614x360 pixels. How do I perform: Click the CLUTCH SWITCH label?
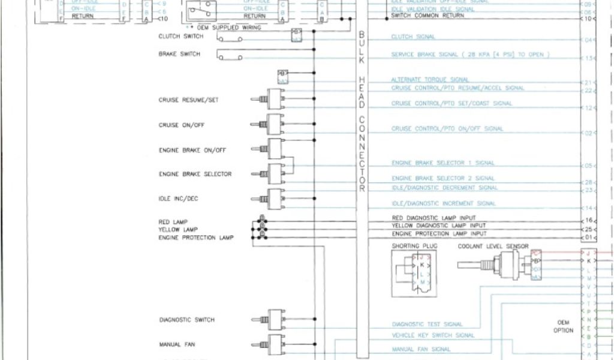[x=180, y=36]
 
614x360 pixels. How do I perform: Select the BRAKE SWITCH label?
[x=179, y=54]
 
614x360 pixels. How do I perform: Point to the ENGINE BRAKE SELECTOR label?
[x=195, y=174]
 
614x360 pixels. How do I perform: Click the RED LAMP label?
[x=169, y=222]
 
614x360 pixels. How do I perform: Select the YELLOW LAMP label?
[x=174, y=230]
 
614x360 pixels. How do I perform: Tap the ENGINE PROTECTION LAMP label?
[x=196, y=238]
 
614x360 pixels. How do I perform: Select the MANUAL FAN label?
[x=177, y=344]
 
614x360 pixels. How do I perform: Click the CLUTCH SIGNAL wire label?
[x=413, y=37]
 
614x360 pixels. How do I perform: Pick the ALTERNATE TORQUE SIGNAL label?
[x=430, y=79]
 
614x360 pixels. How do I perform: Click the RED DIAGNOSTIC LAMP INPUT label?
[x=434, y=218]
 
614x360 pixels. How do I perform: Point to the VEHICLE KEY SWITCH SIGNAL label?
[x=433, y=335]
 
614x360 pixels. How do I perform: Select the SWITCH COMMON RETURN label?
[x=427, y=16]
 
